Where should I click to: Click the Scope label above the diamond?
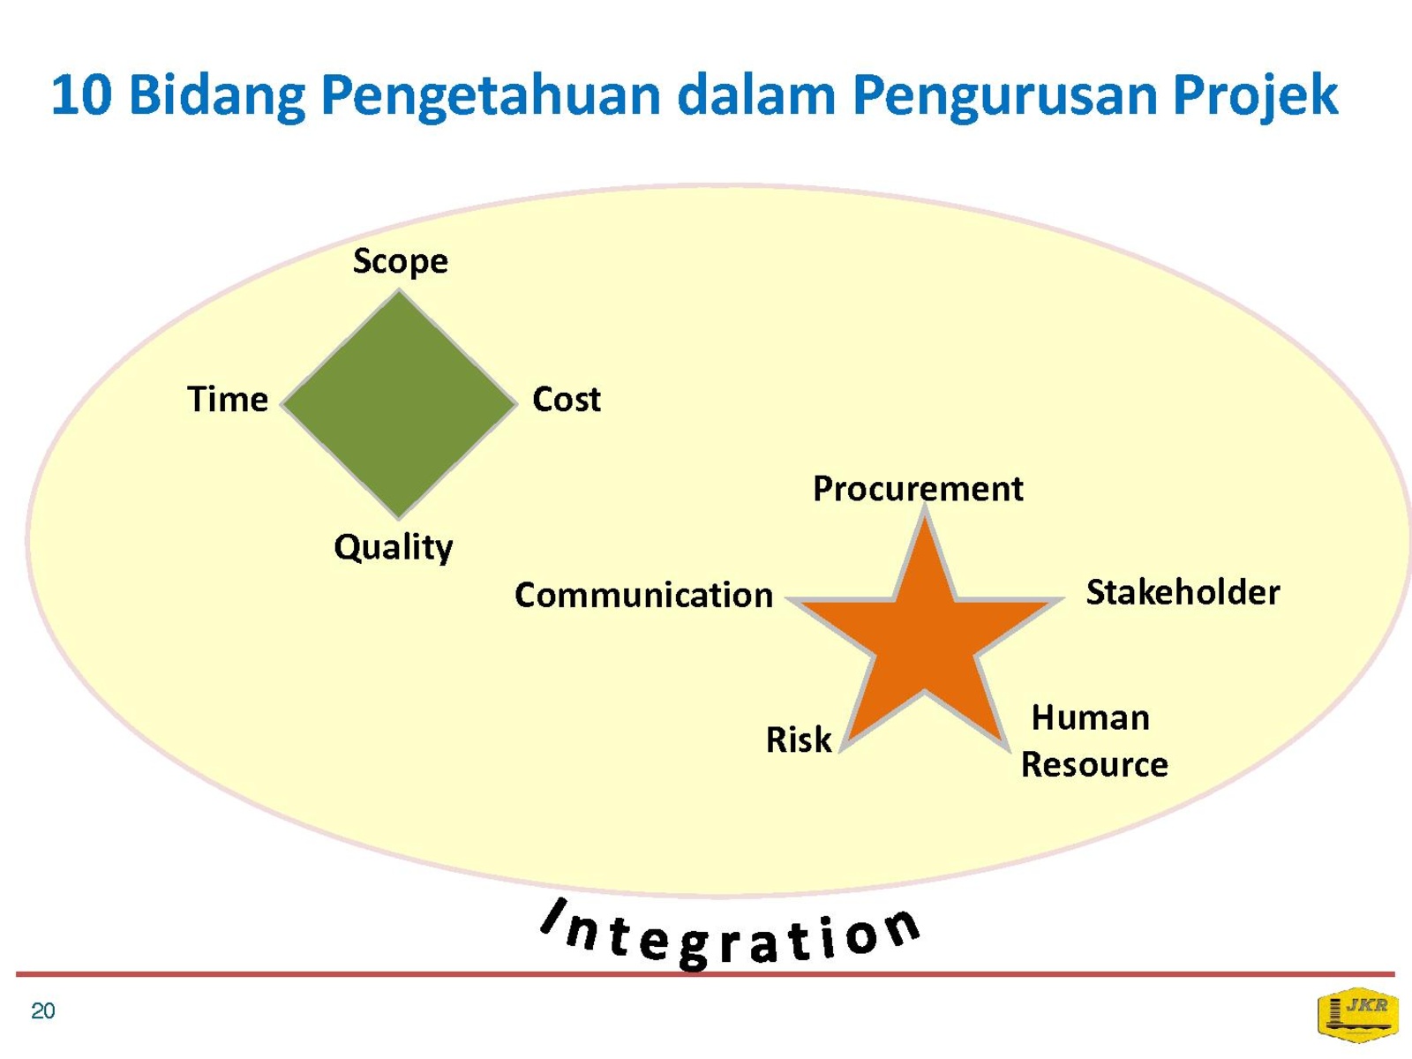400,262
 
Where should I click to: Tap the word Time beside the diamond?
228,399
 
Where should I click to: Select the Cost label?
566,399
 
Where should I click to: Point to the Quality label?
393,548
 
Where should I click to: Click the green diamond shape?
400,404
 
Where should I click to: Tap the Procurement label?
918,489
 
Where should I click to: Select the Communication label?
644,595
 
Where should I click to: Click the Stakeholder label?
1183,591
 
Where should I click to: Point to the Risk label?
799,740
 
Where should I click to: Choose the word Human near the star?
1091,717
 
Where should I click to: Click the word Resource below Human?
1094,765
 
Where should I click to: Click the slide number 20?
43,1010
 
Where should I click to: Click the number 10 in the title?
82,95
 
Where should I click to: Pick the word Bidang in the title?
217,96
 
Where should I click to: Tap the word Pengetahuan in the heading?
492,96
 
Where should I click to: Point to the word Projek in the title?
1255,96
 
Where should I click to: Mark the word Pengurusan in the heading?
1004,96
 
